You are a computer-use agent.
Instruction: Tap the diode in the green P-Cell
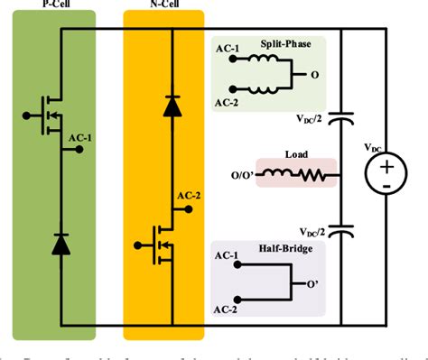(x=61, y=244)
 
